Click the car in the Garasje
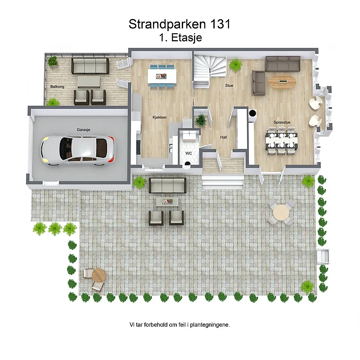(78, 151)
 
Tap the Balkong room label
(58, 86)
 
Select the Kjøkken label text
(160, 117)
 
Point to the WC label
(189, 153)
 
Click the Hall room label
(224, 137)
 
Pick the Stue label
(229, 85)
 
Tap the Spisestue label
(282, 122)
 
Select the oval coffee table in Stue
(283, 81)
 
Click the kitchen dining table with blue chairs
(162, 76)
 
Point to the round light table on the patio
(281, 212)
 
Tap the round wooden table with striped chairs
(99, 275)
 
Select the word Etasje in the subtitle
(186, 38)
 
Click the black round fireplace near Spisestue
(252, 113)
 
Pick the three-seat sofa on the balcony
(90, 66)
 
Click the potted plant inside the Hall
(201, 119)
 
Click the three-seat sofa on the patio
(167, 185)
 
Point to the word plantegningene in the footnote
(210, 325)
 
